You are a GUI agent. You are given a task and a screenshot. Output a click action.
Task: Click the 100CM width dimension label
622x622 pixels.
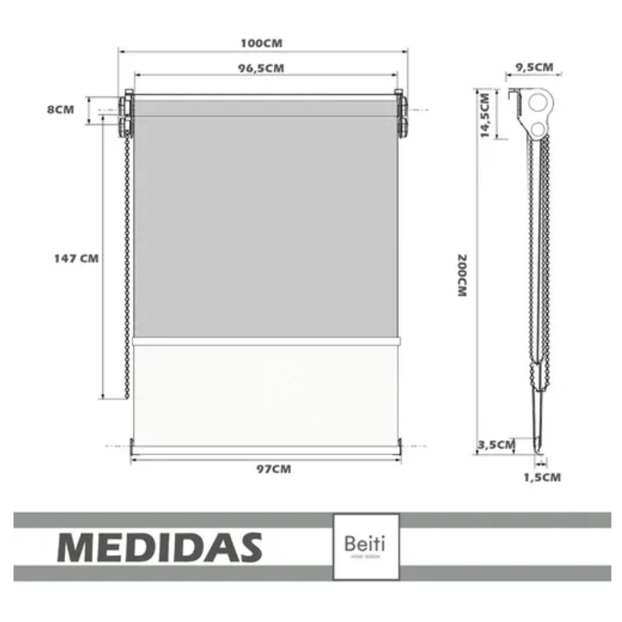point(261,43)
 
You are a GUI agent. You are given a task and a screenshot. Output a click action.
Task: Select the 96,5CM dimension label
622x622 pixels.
point(261,68)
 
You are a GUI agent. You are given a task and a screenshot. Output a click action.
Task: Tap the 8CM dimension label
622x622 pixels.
point(61,110)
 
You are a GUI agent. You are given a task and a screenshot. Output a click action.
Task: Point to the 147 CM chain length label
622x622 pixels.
point(76,258)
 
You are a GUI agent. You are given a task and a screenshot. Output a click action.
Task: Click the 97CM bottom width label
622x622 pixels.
point(274,469)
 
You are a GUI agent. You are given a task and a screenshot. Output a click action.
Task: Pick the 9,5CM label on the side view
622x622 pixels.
point(534,67)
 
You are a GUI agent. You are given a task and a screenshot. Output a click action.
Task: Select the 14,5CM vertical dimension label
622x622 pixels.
point(486,115)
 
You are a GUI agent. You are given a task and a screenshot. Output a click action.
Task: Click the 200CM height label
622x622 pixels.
point(462,275)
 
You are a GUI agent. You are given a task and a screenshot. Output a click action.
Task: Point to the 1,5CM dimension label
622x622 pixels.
point(542,477)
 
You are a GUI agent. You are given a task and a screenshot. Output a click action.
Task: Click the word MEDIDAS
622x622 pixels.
point(160,546)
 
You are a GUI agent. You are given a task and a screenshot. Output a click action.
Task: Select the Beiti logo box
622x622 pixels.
point(366,546)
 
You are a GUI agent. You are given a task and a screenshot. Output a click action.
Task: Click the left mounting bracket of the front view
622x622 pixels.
point(126,115)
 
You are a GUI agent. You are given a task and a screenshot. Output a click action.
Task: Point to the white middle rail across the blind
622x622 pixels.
point(266,341)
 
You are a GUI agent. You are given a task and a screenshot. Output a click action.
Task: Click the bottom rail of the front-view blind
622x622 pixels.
point(265,448)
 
